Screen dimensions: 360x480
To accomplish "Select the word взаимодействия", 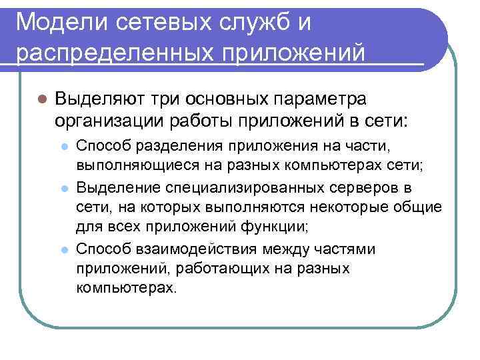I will click(x=199, y=249).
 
